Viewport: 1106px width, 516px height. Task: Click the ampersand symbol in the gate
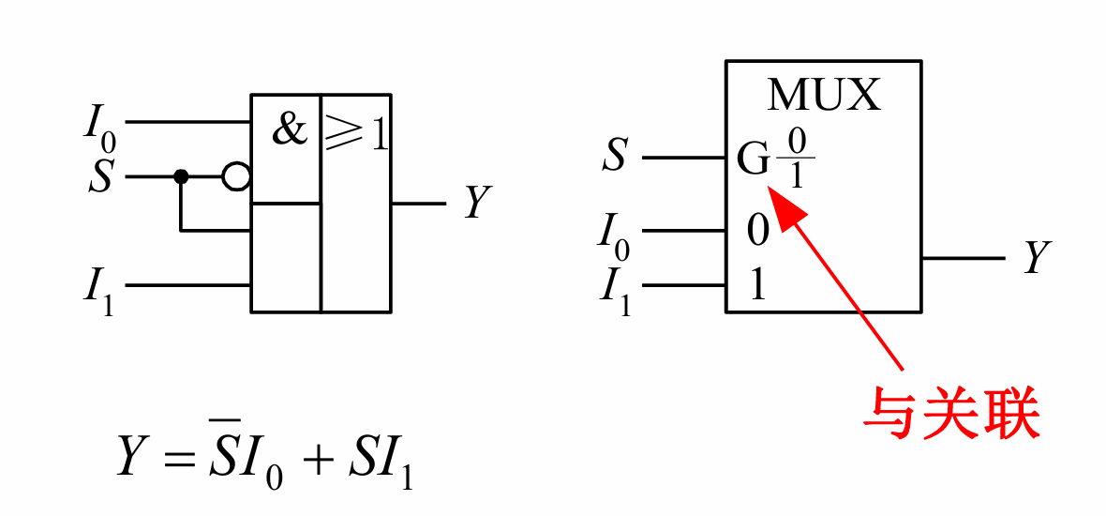point(290,129)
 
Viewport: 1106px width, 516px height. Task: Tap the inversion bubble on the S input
point(236,176)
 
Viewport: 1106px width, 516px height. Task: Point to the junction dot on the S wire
point(181,176)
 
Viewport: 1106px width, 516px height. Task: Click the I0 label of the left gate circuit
point(99,127)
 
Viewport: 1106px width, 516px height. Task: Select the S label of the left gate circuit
point(100,176)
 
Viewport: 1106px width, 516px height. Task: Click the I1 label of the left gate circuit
point(99,291)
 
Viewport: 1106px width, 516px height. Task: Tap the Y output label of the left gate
point(478,203)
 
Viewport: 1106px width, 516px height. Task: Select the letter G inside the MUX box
point(753,160)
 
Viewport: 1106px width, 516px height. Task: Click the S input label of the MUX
point(614,156)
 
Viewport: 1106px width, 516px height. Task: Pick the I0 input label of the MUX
point(614,235)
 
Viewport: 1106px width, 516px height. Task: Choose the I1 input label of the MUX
point(615,290)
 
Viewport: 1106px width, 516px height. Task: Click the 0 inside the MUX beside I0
point(757,231)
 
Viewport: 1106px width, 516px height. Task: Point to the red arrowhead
point(785,206)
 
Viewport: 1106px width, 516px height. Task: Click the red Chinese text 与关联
point(951,415)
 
